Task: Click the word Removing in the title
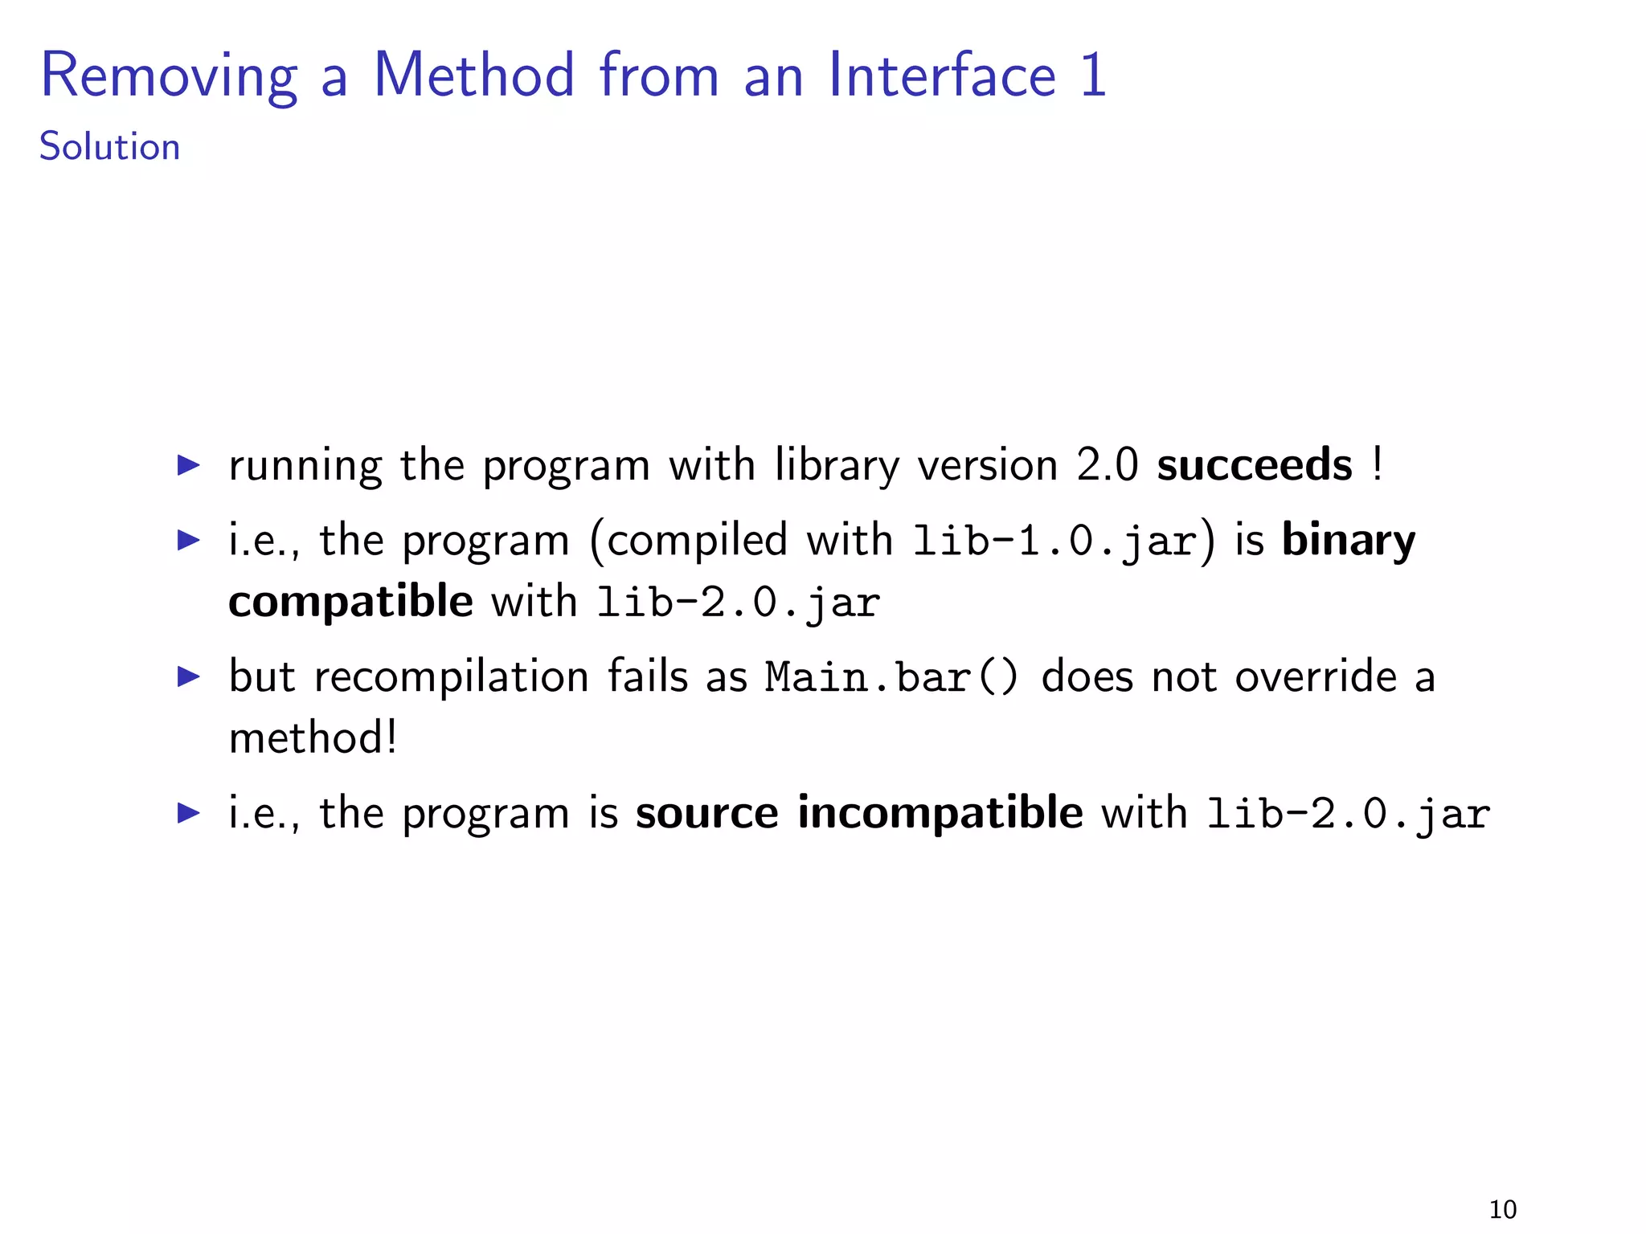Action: pos(169,76)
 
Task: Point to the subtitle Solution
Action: pos(109,147)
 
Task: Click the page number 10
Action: pos(1502,1209)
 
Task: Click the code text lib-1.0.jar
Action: pos(1054,540)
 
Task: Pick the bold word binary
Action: pos(1348,540)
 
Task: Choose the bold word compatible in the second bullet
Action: pos(350,601)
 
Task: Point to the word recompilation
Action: pos(451,676)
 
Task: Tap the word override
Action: pos(1316,676)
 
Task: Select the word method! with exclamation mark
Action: pos(313,738)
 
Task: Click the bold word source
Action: pos(706,812)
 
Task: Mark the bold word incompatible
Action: pos(940,812)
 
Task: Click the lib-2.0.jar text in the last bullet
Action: pos(1348,814)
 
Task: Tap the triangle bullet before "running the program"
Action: pos(188,464)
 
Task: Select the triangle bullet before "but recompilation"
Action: pos(188,676)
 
